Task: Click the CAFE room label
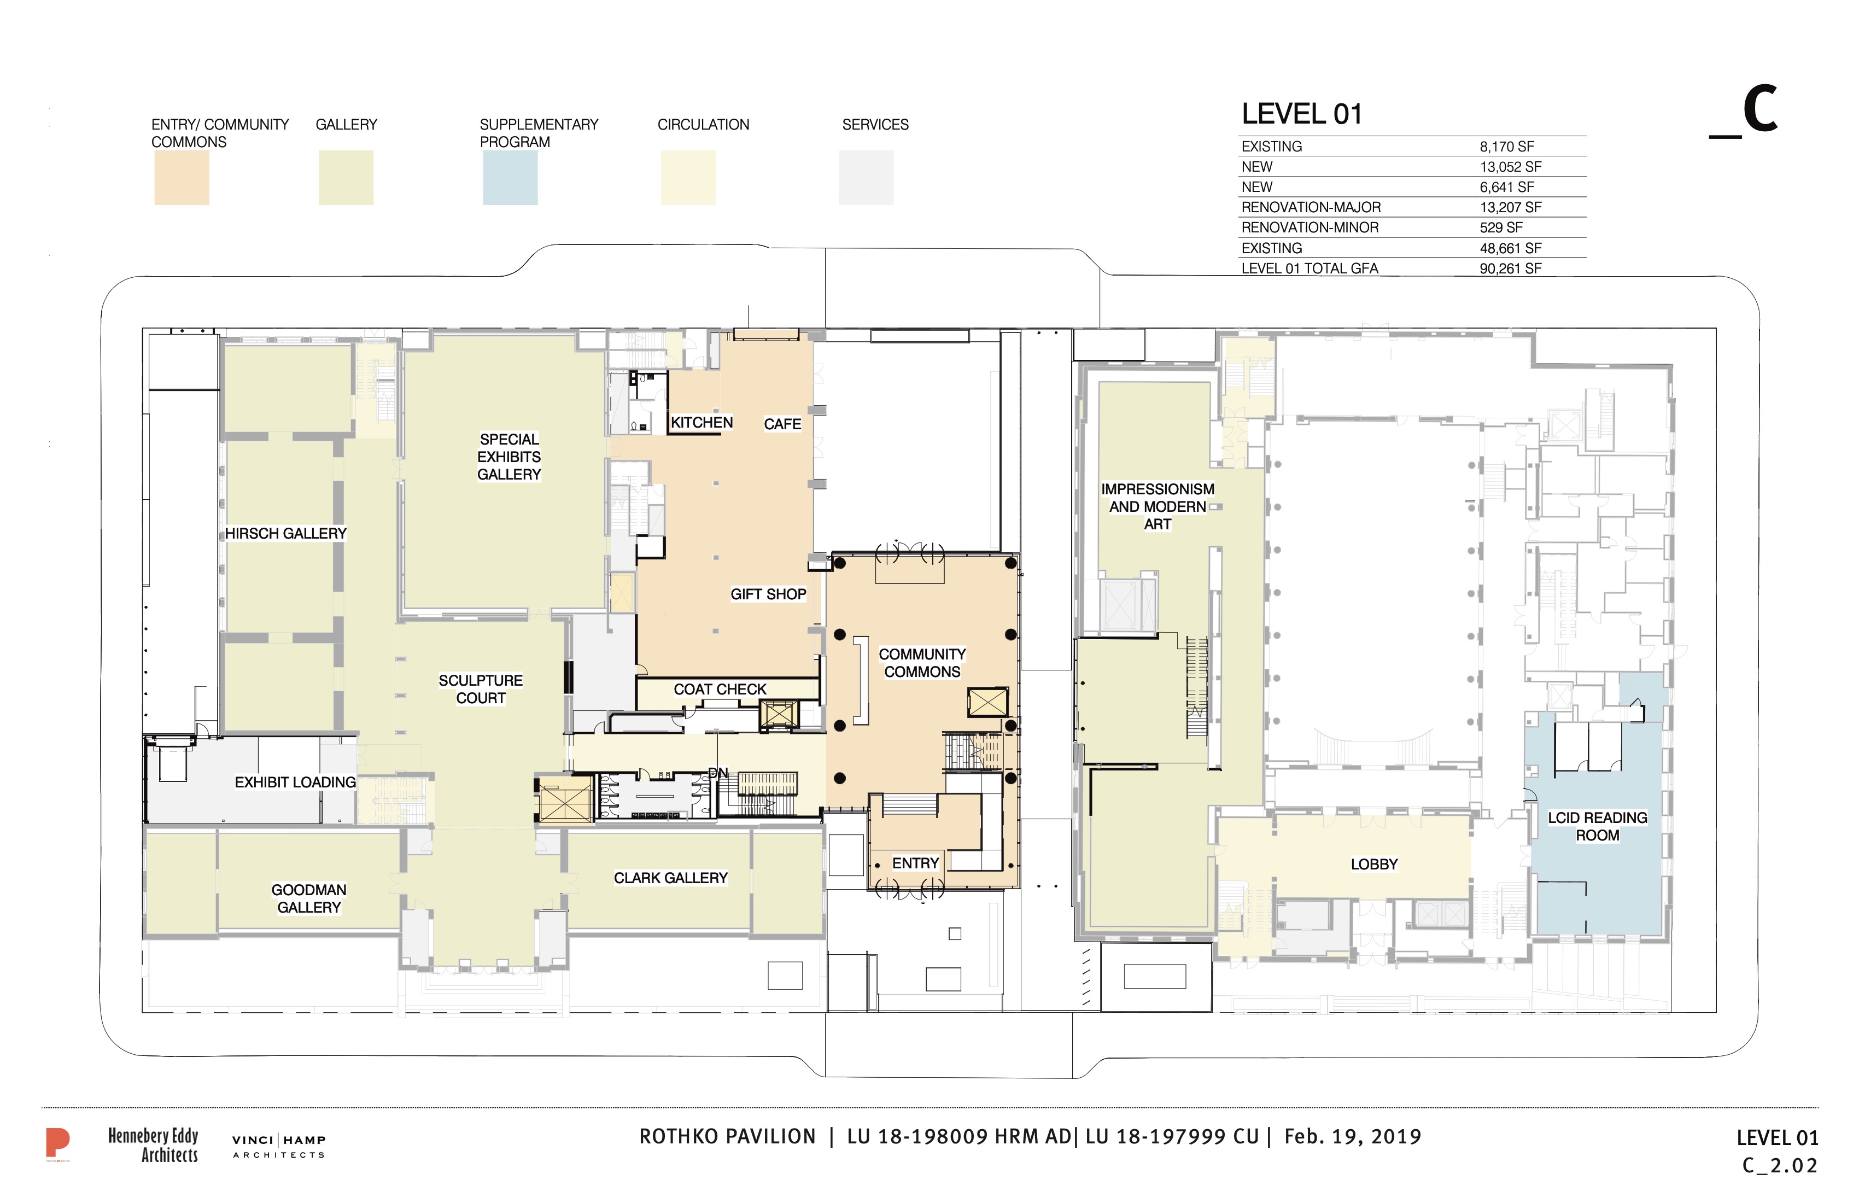[782, 424]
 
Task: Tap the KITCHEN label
[701, 423]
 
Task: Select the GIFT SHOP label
[768, 594]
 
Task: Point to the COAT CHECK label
[720, 689]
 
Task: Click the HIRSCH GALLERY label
[286, 534]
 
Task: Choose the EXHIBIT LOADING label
[295, 782]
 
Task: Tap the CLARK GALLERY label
[670, 878]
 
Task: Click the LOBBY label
[1374, 864]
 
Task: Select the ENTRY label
[915, 863]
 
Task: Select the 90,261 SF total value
[1511, 268]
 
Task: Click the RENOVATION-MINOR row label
[1310, 228]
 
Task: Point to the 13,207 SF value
[1511, 208]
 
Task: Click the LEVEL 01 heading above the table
[1302, 114]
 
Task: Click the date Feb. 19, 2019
[1353, 1137]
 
